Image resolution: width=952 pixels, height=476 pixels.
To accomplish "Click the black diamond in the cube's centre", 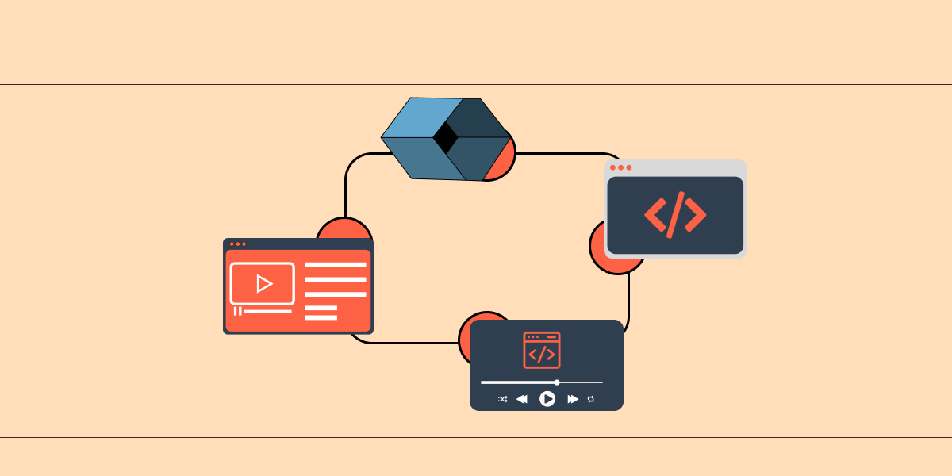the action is (445, 139).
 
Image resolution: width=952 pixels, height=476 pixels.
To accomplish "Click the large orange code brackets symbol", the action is (675, 214).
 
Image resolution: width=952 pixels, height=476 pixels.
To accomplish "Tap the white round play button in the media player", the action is (547, 399).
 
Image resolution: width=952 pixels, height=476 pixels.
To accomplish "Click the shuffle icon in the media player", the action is (502, 399).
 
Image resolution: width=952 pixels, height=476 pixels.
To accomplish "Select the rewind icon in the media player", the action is (522, 399).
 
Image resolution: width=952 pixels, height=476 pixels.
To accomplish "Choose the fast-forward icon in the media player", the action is (573, 399).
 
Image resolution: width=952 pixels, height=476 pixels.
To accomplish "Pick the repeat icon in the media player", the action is (591, 399).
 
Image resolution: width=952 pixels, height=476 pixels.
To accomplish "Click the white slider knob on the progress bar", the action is (557, 382).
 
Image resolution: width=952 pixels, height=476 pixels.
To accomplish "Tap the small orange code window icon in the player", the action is (542, 350).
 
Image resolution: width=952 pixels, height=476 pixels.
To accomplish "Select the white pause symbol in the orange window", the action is (236, 311).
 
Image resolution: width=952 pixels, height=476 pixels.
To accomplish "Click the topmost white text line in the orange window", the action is (336, 265).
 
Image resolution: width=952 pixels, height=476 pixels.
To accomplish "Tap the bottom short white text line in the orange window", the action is (321, 317).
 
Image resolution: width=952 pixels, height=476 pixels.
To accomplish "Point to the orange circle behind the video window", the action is (344, 228).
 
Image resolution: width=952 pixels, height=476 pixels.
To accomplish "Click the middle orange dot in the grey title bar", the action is (621, 167).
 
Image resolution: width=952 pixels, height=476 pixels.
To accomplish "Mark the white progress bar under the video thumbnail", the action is (267, 311).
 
